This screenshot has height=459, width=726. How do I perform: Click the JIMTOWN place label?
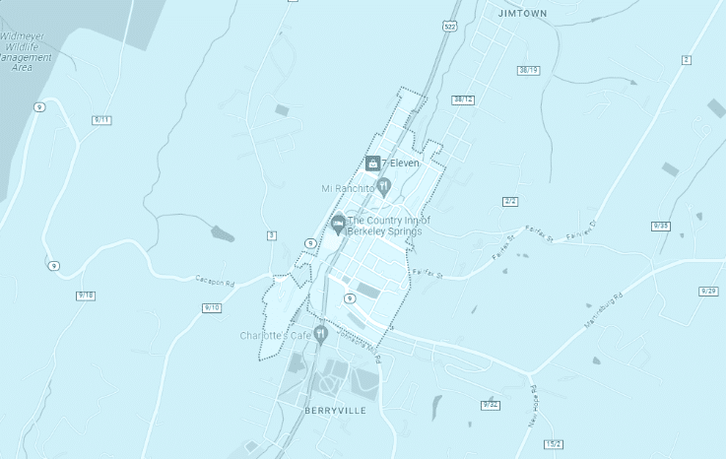[522, 14]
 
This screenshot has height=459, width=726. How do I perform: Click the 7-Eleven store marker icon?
[372, 163]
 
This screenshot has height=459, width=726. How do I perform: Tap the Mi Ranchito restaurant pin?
[385, 185]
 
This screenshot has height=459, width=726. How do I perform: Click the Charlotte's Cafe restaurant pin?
[320, 335]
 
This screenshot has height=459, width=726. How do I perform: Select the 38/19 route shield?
[529, 70]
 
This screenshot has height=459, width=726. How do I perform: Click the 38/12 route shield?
[463, 99]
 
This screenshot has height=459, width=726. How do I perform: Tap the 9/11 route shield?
[102, 119]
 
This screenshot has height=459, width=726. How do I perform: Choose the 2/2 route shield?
[510, 201]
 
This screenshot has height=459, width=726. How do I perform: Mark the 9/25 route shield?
[660, 226]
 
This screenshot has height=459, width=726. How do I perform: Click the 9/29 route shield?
[708, 291]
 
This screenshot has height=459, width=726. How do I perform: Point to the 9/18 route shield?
[86, 295]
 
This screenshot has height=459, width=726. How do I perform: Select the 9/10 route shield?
[211, 307]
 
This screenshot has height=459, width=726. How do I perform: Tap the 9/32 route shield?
[491, 405]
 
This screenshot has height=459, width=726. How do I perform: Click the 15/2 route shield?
[553, 443]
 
